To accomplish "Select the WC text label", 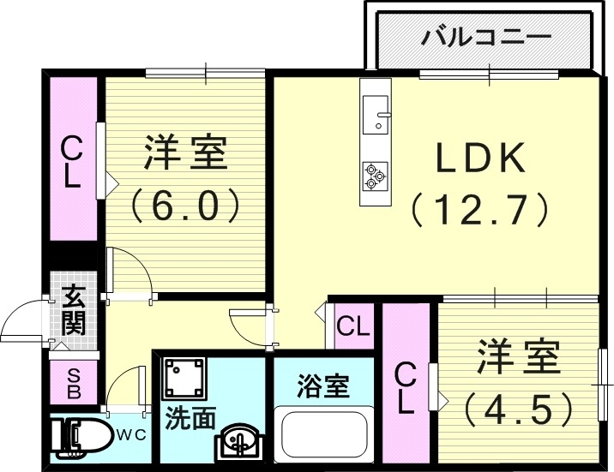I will pos(130,433).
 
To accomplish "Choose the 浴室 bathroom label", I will pos(322,386).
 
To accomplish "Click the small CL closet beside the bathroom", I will pos(352,326).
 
